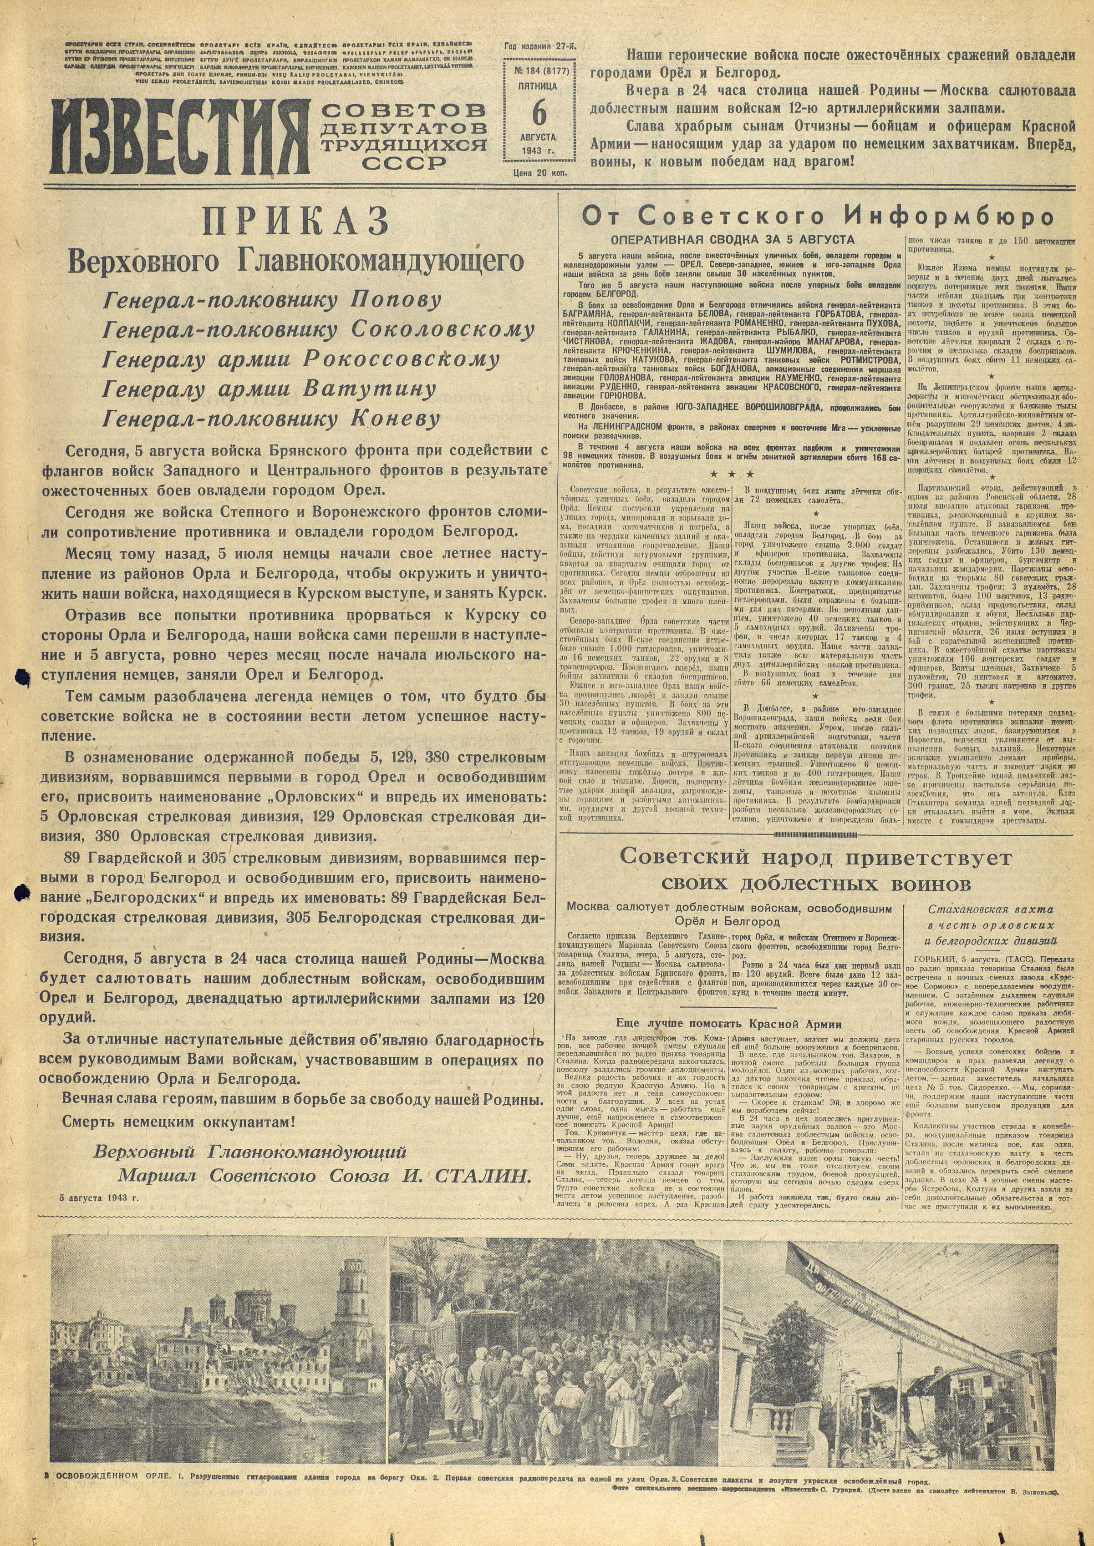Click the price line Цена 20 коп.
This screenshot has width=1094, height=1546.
click(x=539, y=173)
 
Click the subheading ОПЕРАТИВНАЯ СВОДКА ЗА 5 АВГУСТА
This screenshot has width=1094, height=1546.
click(x=732, y=240)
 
